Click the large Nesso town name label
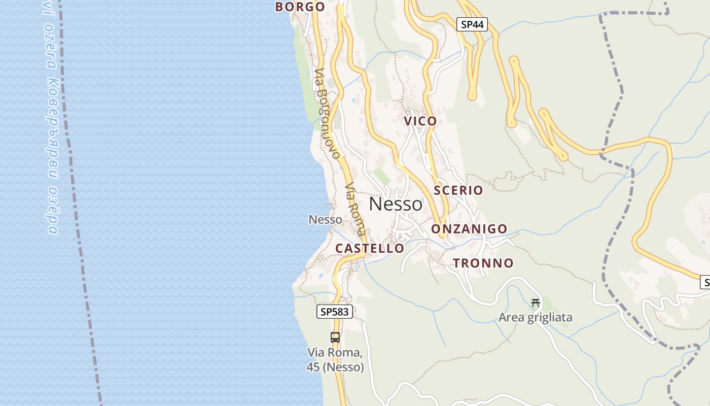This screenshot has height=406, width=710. coord(396,204)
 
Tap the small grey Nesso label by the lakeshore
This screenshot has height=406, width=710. coord(325,220)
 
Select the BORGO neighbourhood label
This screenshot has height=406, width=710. coord(300,7)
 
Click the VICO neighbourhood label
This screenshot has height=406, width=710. coord(420,121)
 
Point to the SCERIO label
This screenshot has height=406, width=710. coord(458,190)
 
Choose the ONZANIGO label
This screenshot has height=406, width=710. coord(469,229)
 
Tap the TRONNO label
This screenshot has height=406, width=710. coord(483,263)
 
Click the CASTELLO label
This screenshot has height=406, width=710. coord(370,248)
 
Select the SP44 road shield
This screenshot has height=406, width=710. coord(472,24)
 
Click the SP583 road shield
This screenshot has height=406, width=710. coord(335,312)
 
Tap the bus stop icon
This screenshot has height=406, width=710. coord(335,337)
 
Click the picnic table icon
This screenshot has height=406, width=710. coord(535,303)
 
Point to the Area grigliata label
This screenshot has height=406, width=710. coord(535,318)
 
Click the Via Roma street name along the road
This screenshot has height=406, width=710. coord(354,209)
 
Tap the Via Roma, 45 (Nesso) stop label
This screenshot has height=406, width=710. coord(335,360)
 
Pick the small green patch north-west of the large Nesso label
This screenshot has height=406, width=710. coord(381,176)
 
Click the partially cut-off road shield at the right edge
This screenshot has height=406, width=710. coord(705,283)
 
